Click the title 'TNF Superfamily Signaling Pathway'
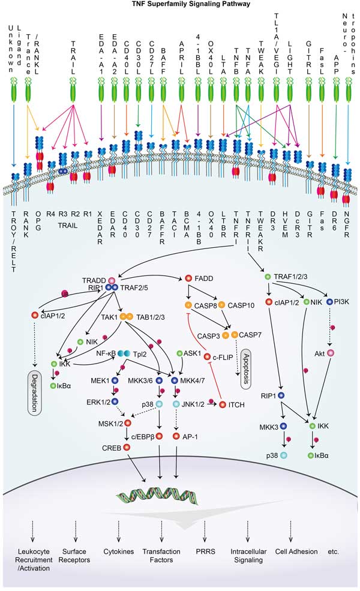tap(180, 4)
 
